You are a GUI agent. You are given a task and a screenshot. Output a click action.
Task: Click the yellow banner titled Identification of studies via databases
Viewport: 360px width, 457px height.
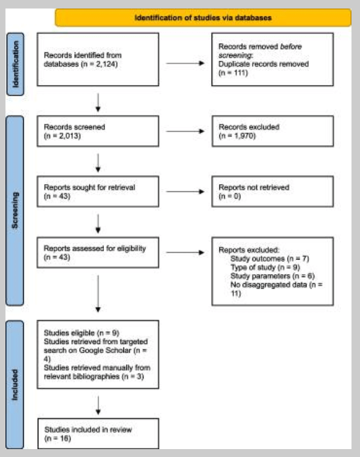click(x=203, y=18)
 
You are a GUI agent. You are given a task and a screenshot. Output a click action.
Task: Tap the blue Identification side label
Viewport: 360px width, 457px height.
click(x=15, y=64)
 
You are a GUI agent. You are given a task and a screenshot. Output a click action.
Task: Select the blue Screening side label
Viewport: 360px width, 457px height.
click(x=15, y=210)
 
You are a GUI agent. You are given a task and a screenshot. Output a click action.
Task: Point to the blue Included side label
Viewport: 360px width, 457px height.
click(x=15, y=385)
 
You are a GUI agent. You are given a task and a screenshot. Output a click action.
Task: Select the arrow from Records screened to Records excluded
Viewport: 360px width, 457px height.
click(x=185, y=131)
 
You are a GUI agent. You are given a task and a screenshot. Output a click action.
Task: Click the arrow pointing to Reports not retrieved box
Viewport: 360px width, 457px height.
click(x=185, y=191)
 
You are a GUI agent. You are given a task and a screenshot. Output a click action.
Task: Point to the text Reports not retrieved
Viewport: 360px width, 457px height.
click(x=254, y=187)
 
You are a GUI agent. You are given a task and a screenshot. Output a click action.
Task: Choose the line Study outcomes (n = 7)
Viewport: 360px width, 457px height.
click(x=269, y=258)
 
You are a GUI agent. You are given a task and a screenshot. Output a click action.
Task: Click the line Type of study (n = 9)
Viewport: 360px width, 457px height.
click(x=265, y=267)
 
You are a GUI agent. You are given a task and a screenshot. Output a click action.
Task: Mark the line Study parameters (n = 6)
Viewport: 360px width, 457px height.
click(x=272, y=276)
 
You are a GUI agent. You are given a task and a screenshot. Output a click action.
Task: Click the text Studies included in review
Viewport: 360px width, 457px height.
click(x=88, y=430)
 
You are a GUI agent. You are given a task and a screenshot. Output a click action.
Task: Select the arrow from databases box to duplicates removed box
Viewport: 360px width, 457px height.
click(x=185, y=63)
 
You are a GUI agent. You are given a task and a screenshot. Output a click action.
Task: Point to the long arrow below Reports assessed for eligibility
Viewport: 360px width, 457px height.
click(x=98, y=294)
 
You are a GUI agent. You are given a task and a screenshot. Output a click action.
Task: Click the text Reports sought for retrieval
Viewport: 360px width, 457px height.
click(x=89, y=187)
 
